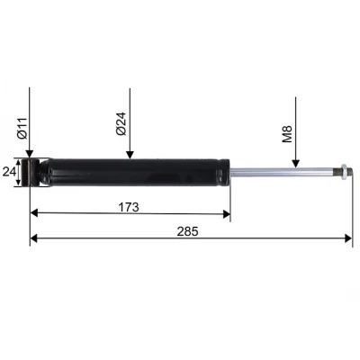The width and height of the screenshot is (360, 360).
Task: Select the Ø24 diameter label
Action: coord(121,122)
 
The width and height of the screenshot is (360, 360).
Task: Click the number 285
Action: coord(188,230)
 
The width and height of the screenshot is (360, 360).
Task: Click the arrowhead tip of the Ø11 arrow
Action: coord(30,159)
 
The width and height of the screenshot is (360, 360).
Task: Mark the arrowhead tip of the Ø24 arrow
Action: coord(130,159)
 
